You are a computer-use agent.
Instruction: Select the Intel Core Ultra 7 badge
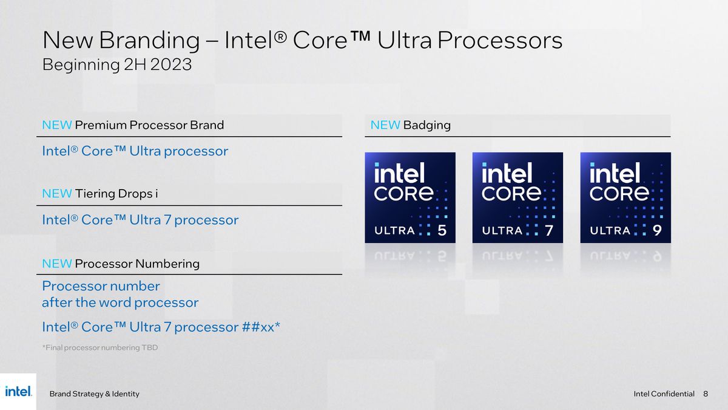coord(517,197)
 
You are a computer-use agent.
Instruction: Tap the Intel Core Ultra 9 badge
coord(625,197)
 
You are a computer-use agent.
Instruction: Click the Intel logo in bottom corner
coord(18,392)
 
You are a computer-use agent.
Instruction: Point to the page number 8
coord(706,394)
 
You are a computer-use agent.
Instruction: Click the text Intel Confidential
coord(664,394)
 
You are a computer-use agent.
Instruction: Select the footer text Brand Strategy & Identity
coord(94,394)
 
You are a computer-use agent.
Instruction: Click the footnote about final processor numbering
coord(99,347)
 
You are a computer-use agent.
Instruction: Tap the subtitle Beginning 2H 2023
coord(116,64)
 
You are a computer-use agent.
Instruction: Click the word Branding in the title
coord(149,41)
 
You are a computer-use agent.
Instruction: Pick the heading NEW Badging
coord(410,125)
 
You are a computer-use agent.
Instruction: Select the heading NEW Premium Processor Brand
coord(133,125)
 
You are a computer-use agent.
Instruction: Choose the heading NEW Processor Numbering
coord(121,264)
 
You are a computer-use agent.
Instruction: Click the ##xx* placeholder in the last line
coord(261,327)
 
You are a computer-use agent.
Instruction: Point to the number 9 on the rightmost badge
coord(657,230)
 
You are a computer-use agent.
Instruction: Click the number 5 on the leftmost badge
coord(442,230)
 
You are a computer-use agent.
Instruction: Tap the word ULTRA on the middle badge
coord(502,231)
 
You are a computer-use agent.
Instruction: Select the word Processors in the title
coord(500,41)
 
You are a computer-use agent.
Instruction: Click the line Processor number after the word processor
coord(120,294)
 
